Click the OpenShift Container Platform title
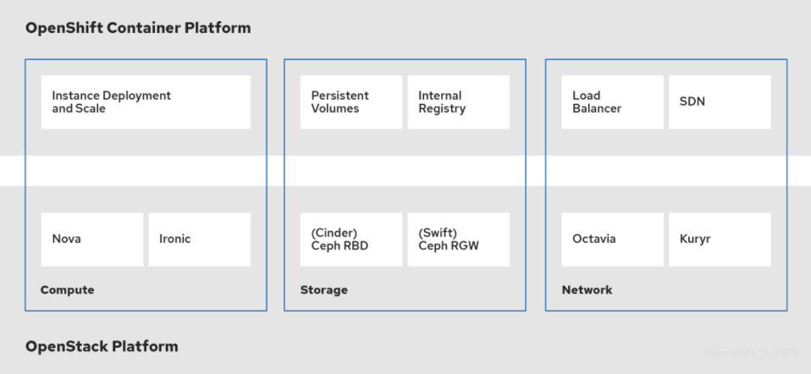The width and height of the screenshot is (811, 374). tap(138, 28)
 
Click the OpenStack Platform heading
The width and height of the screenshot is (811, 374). tap(102, 346)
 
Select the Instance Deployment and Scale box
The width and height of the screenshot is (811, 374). tap(146, 102)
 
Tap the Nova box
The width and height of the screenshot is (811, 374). tap(92, 239)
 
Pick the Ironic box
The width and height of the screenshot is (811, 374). tap(199, 239)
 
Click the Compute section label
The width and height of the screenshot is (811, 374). tap(68, 290)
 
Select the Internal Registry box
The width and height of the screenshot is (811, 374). tap(458, 102)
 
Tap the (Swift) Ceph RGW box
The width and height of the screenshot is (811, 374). tap(458, 239)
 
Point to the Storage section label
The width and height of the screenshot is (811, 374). tap(324, 290)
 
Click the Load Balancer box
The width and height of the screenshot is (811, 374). tap(613, 102)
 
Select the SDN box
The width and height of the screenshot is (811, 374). tap(720, 102)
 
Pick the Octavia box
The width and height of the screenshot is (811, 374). tap(613, 239)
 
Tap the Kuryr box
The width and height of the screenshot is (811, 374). tap(720, 239)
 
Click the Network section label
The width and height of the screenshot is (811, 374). tap(587, 290)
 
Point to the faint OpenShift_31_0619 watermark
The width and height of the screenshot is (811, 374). tap(750, 353)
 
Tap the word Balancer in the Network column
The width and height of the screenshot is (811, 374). tap(597, 109)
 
